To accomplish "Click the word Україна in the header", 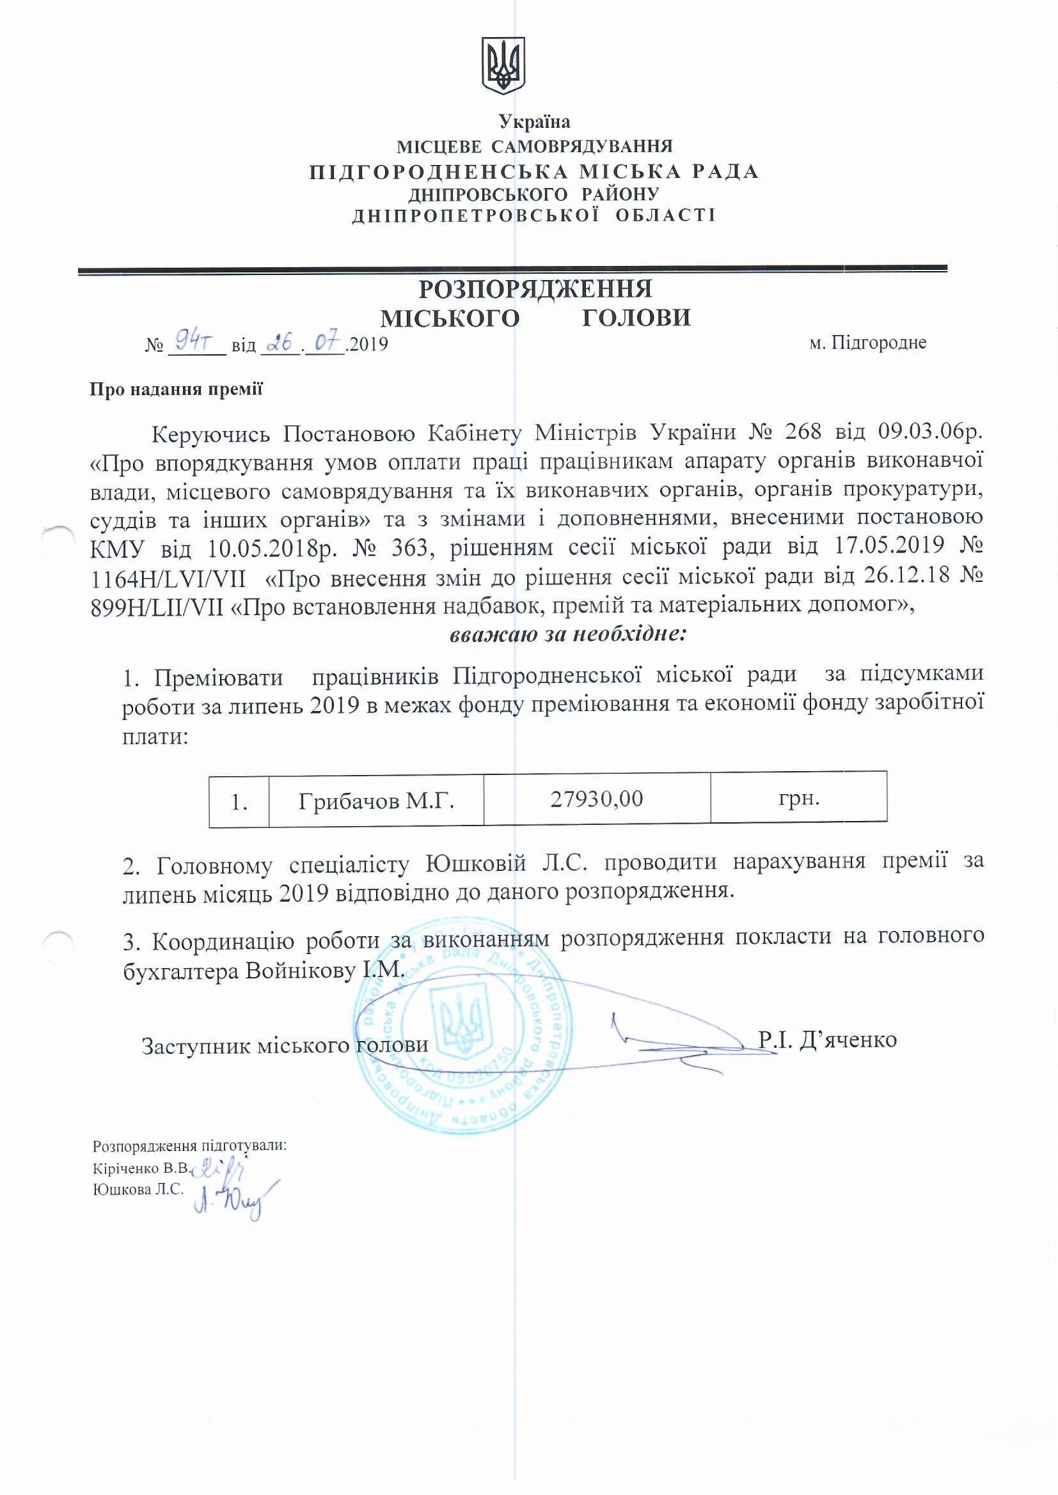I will (534, 121).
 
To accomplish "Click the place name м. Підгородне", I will (868, 343).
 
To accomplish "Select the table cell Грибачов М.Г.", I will (376, 801).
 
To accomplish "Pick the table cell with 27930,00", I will (597, 799).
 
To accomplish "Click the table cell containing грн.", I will (799, 798).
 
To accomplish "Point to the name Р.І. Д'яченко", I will (827, 1039).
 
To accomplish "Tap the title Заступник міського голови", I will (285, 1045).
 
